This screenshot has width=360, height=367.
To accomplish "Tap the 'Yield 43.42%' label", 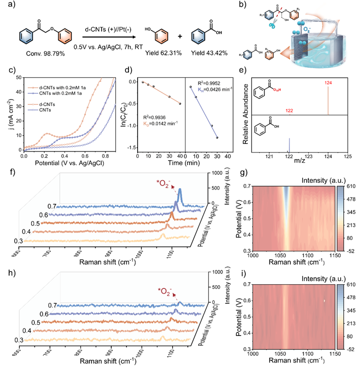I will (203, 52).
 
